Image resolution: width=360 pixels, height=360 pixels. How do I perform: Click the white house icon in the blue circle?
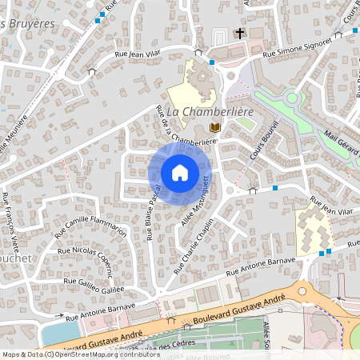click(x=179, y=173)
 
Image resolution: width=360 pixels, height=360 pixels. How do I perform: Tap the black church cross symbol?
click(x=239, y=34)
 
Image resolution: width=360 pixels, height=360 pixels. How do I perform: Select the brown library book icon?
click(x=214, y=127)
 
